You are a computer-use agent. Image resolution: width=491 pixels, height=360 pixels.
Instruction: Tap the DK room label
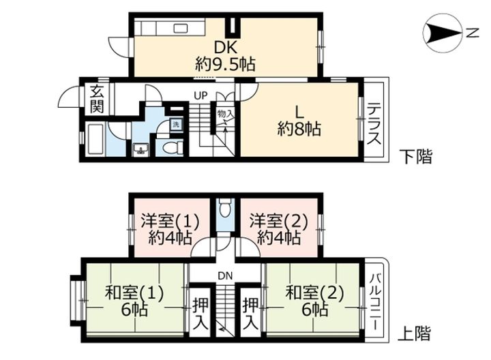tap(225, 48)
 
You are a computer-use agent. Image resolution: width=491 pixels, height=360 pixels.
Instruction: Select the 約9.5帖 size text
tap(225, 64)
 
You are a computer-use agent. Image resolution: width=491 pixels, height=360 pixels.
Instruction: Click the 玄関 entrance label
tap(97, 100)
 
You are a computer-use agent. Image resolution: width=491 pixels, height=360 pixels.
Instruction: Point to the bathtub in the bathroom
tap(95, 139)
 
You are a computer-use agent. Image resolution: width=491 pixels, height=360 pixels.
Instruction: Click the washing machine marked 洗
tap(177, 124)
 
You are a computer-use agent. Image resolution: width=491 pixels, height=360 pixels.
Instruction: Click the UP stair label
tap(200, 95)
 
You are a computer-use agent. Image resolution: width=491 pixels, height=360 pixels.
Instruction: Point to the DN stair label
tap(226, 276)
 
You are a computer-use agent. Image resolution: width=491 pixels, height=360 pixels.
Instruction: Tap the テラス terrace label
tap(374, 124)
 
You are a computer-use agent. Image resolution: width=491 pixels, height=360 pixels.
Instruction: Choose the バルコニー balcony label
tap(376, 301)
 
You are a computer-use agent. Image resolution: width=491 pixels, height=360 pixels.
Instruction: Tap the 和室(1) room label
tap(134, 293)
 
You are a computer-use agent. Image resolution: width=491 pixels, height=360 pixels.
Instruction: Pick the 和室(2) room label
tap(314, 293)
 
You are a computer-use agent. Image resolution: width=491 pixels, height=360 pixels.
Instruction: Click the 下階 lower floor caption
tap(417, 157)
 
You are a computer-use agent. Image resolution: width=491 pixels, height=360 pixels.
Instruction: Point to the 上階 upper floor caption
tap(415, 333)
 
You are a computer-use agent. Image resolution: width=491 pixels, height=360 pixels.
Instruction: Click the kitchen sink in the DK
tap(181, 29)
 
